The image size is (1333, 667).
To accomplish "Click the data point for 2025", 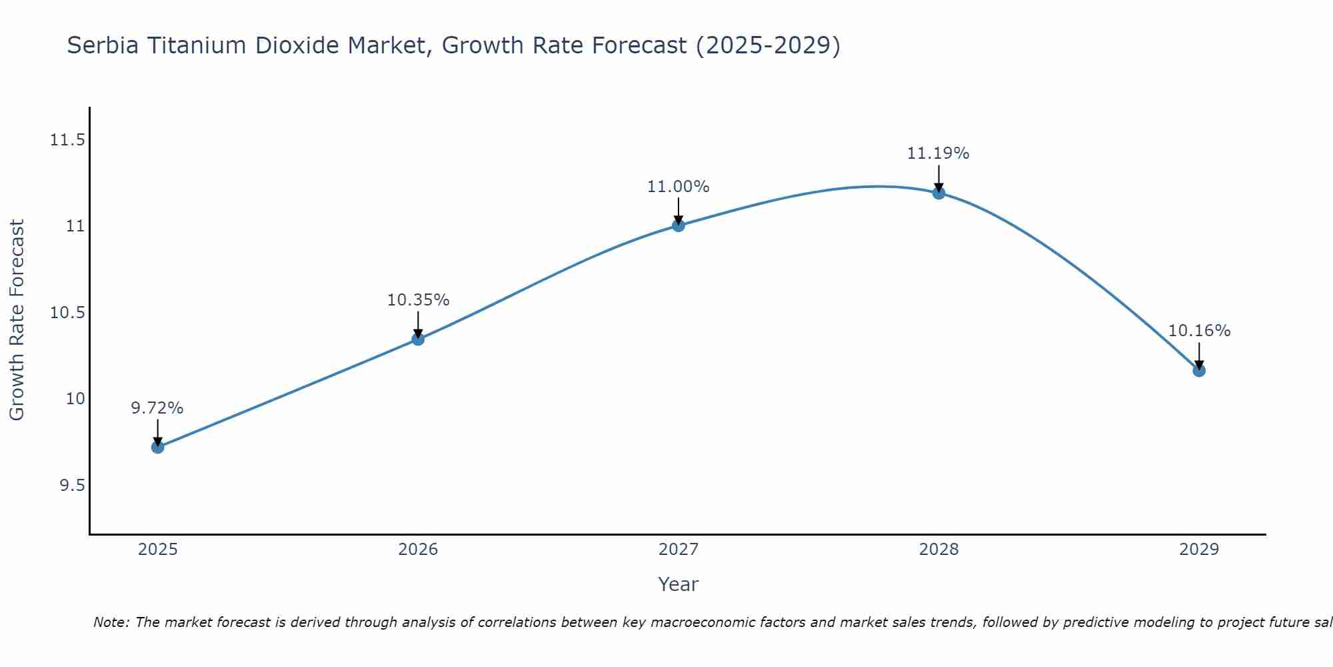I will pyautogui.click(x=158, y=447).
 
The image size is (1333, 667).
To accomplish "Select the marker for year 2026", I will pyautogui.click(x=418, y=339).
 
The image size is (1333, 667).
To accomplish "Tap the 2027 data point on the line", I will pyautogui.click(x=678, y=225).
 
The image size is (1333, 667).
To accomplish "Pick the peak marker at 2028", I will pyautogui.click(x=938, y=193).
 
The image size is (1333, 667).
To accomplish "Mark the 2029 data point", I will pyautogui.click(x=1199, y=370).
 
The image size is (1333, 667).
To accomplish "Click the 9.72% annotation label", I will pyautogui.click(x=157, y=408).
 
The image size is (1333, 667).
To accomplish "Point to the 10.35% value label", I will pyautogui.click(x=418, y=300).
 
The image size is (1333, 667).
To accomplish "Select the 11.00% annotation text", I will pyautogui.click(x=678, y=187).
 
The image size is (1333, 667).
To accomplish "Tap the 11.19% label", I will pyautogui.click(x=938, y=153).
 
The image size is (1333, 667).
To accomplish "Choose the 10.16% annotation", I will pyautogui.click(x=1199, y=331).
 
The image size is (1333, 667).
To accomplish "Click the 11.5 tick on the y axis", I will pyautogui.click(x=68, y=140).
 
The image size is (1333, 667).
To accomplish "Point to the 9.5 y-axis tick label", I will pyautogui.click(x=73, y=485).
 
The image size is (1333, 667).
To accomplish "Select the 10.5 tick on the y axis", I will pyautogui.click(x=68, y=313).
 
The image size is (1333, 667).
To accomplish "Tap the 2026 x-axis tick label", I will pyautogui.click(x=418, y=550).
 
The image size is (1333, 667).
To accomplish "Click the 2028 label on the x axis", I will pyautogui.click(x=938, y=550).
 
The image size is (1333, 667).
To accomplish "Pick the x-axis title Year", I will pyautogui.click(x=678, y=584).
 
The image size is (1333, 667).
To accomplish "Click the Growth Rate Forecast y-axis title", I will pyautogui.click(x=17, y=320).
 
